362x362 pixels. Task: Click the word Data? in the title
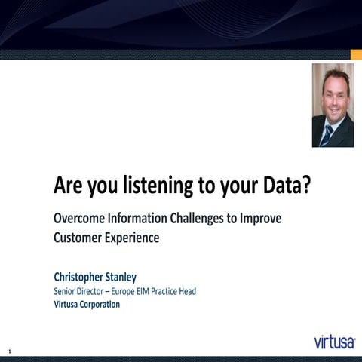click(283, 186)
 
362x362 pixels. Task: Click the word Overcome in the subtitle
click(79, 220)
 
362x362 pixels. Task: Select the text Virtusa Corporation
click(87, 305)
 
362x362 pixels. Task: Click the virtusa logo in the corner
click(335, 342)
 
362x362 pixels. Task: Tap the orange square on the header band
click(356, 54)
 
